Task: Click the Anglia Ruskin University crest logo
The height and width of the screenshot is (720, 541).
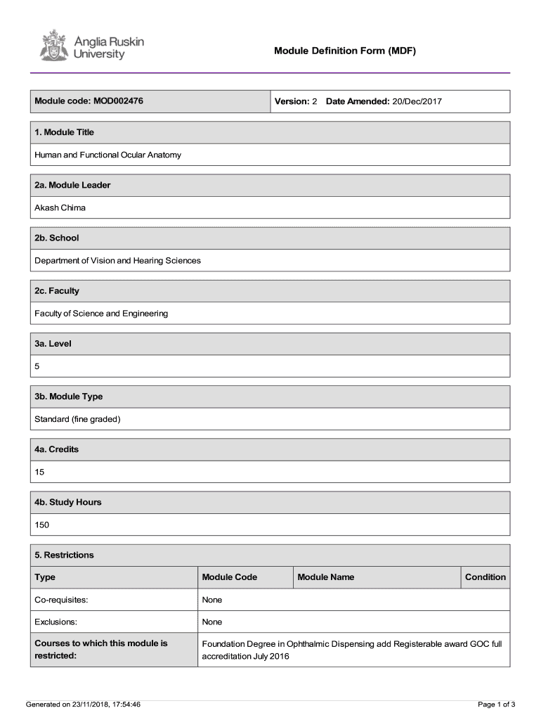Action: (53, 45)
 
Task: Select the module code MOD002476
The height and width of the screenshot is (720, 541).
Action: (118, 101)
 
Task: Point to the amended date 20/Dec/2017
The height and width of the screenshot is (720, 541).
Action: (417, 101)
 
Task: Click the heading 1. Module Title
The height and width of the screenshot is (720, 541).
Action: (64, 132)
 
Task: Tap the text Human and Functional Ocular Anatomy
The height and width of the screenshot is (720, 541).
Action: (107, 155)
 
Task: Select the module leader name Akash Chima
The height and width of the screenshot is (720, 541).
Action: (60, 207)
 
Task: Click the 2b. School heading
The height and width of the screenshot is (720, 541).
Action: (56, 238)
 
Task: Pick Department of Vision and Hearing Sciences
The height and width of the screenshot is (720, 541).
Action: (117, 260)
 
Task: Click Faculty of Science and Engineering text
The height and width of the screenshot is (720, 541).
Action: (101, 313)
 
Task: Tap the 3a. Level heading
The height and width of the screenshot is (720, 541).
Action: (53, 344)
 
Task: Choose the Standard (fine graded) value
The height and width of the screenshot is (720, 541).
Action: (77, 419)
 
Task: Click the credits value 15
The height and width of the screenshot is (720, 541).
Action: (39, 472)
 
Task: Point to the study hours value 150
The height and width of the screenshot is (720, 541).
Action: (41, 525)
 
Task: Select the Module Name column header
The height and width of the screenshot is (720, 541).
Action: (325, 577)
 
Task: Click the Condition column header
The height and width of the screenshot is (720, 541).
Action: (485, 577)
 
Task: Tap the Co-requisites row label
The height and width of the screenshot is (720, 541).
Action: (61, 600)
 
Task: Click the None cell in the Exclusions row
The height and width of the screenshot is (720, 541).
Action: (211, 622)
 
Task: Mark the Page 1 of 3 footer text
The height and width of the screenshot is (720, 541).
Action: (496, 704)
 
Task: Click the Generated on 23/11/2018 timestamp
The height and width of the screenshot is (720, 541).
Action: (83, 704)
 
